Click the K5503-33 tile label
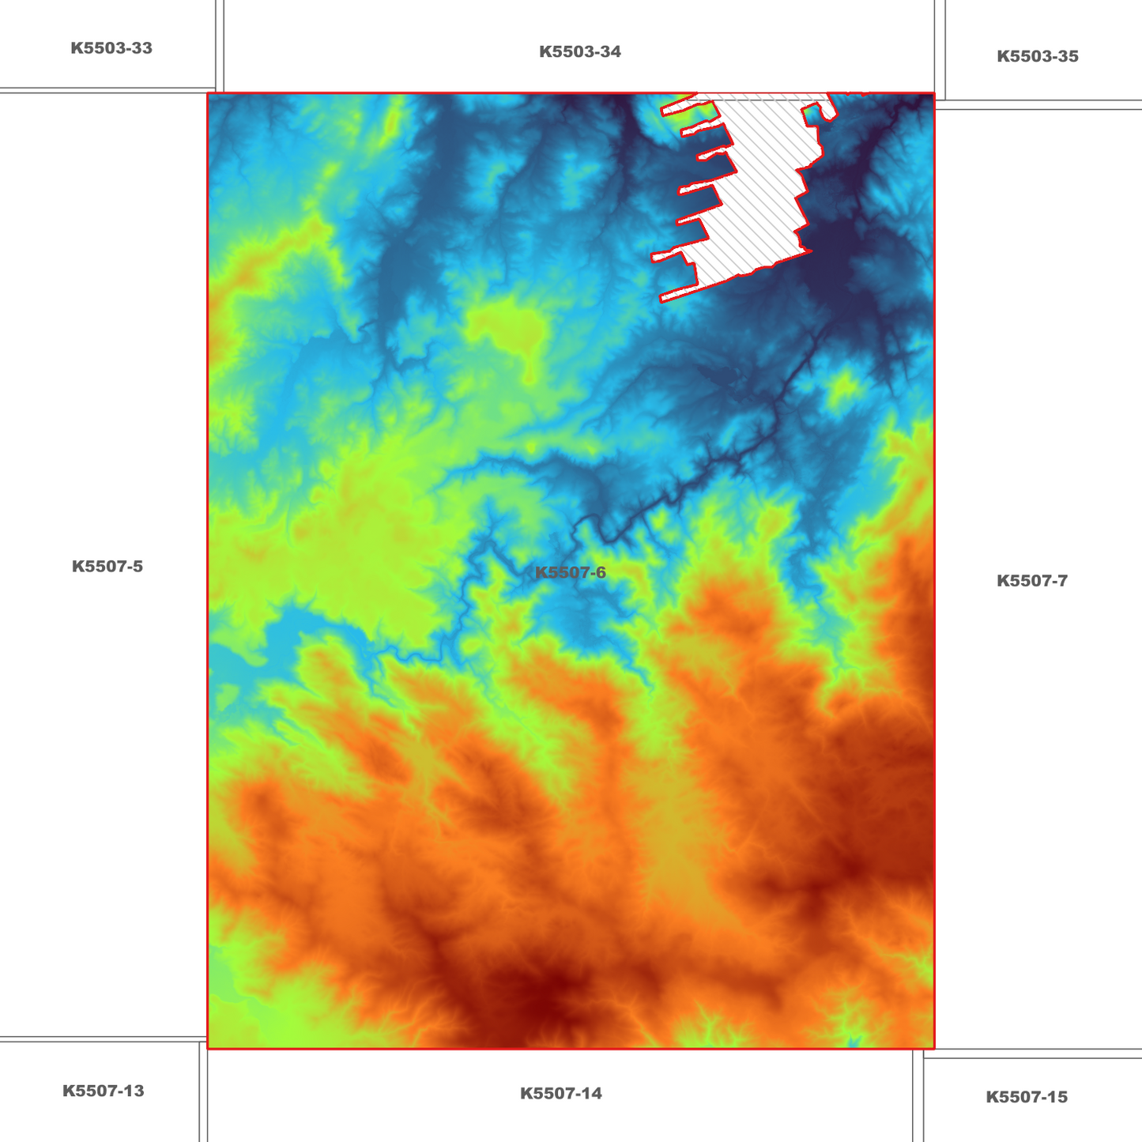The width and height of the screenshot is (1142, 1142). tap(111, 48)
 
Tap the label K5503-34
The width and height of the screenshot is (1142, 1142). tap(580, 52)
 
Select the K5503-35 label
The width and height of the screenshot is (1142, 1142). tap(1037, 57)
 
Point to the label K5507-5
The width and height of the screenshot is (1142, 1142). tap(107, 567)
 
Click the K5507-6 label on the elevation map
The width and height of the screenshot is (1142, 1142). tap(571, 573)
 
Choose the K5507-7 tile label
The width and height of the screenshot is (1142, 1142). tap(1031, 581)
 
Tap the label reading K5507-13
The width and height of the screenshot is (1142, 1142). tap(104, 1091)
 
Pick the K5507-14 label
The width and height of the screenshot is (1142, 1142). tap(561, 1094)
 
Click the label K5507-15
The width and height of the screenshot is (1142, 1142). tap(1026, 1097)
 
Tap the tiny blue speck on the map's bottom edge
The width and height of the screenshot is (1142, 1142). tap(852, 1043)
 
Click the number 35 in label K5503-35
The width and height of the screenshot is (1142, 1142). tap(1068, 57)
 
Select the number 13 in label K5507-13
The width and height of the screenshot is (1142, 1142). tap(134, 1091)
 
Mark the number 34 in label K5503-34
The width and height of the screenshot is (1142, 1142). tap(611, 52)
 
